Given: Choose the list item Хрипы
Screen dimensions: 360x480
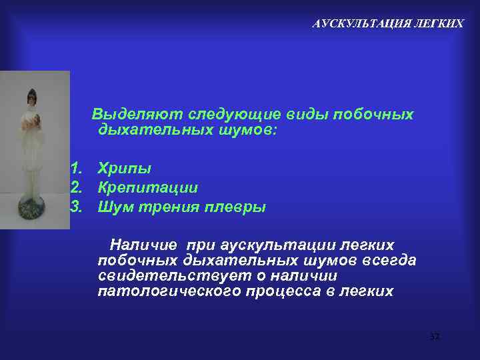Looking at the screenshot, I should click(124, 168).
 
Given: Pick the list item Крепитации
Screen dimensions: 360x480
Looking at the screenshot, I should click(147, 187).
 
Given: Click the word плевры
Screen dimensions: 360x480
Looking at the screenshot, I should click(236, 207).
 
